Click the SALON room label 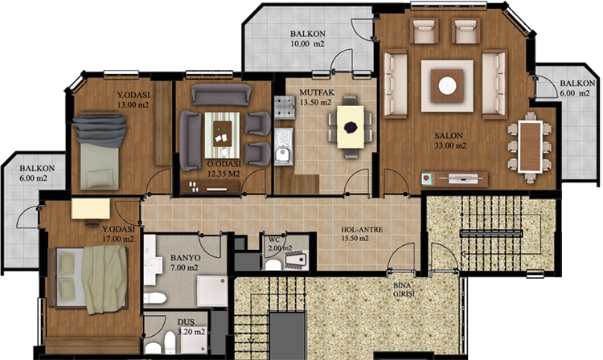(x=449, y=136)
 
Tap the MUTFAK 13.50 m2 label (x=316, y=97)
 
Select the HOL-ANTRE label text (x=362, y=230)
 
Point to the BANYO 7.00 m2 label (x=185, y=263)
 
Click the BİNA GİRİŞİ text (x=403, y=290)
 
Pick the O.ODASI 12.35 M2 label (x=224, y=169)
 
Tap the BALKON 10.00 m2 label (x=308, y=39)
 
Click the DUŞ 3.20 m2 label (x=191, y=327)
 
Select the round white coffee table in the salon (x=447, y=86)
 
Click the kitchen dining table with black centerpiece (x=351, y=127)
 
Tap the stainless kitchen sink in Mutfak (x=284, y=146)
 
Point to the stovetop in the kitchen (x=285, y=106)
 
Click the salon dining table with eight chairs (x=530, y=146)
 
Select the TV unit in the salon (x=454, y=179)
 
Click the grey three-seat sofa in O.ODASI (x=222, y=95)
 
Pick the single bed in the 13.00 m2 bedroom (x=99, y=151)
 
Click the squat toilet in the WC (x=296, y=260)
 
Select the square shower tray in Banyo (x=212, y=292)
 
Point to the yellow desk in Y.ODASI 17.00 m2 (x=91, y=210)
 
